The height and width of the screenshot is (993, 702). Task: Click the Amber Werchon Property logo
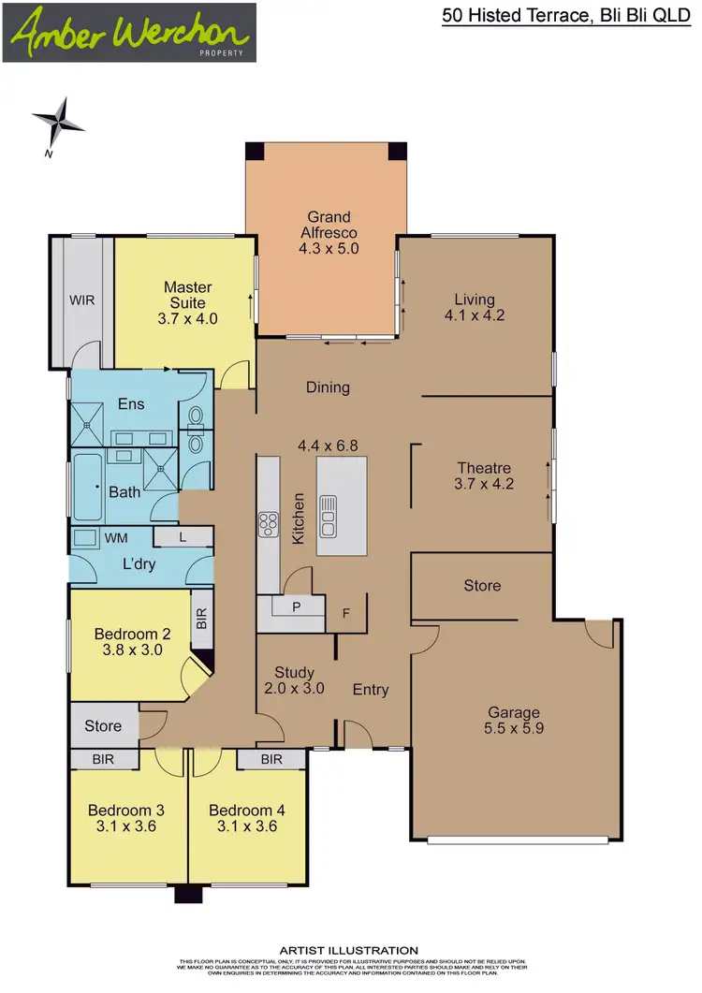(x=129, y=33)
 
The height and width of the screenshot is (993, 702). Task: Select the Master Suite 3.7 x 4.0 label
(x=188, y=302)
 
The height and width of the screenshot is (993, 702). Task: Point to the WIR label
(x=82, y=301)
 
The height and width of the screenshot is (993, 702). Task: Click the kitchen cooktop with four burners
(x=269, y=524)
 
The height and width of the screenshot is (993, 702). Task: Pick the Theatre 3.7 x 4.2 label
(x=484, y=476)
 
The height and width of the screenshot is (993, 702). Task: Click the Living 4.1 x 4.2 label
(x=475, y=307)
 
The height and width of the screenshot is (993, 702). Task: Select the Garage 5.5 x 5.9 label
(x=513, y=721)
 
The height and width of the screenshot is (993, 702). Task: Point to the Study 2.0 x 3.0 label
(x=294, y=680)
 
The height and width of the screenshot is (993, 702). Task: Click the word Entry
(x=371, y=690)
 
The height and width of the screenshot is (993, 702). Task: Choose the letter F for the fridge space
(x=346, y=615)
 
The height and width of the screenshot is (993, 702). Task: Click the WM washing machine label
(x=116, y=538)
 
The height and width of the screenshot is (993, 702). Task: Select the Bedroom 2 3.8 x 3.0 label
(x=132, y=643)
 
